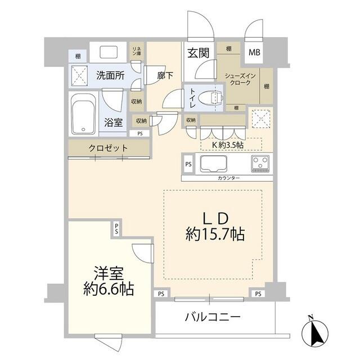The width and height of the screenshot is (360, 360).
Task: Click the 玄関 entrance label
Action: (x=199, y=53)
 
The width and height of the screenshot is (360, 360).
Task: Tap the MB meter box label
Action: (x=254, y=52)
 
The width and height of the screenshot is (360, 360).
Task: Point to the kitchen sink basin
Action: (x=213, y=164)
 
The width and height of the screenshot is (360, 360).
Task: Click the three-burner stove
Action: (x=260, y=164)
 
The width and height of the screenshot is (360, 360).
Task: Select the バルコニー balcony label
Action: (x=213, y=317)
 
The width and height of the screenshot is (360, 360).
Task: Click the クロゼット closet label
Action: (x=108, y=148)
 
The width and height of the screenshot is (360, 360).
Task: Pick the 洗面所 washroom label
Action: (x=110, y=75)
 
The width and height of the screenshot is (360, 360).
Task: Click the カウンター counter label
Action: (x=228, y=178)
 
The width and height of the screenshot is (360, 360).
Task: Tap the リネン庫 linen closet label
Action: (x=137, y=51)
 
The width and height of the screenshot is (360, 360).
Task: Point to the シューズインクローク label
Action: (x=240, y=79)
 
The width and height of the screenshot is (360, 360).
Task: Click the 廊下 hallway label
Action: (x=165, y=75)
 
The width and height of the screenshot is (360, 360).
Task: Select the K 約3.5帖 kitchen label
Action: (x=227, y=145)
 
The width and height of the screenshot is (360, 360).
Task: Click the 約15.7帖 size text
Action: (x=215, y=234)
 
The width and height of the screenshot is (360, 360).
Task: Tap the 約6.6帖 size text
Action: (x=109, y=289)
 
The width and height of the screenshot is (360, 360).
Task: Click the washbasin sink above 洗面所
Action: (x=109, y=52)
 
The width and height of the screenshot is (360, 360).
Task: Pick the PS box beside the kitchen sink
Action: (x=188, y=164)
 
